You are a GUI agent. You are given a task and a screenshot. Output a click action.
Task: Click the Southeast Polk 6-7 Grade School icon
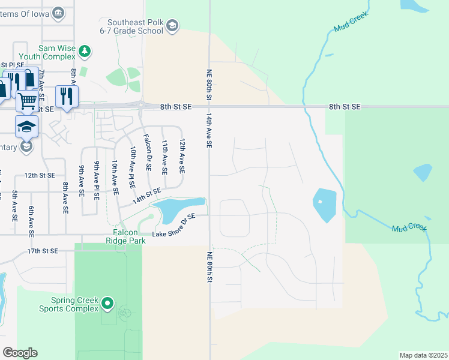coord(172,25)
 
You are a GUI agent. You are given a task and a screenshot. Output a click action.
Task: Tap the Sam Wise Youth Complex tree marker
coord(85,52)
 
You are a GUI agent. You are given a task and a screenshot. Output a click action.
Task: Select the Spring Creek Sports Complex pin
coord(107,304)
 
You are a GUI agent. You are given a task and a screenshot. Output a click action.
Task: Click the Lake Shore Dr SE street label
coord(174,225)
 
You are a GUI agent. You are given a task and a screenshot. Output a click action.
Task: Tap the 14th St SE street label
coord(147,195)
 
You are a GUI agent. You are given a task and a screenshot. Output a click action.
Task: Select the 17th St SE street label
coord(42,251)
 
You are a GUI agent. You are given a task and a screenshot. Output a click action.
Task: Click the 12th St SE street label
coord(40,175)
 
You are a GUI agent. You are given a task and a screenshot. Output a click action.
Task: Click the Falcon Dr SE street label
coord(147,156)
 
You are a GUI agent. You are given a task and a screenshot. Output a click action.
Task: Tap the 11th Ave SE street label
coord(164,157)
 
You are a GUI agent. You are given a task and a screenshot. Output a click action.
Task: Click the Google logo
coord(20,353)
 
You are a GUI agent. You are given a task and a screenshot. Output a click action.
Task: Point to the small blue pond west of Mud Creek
coord(324,204)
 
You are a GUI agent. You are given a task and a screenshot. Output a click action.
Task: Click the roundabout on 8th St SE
coord(141,106)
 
